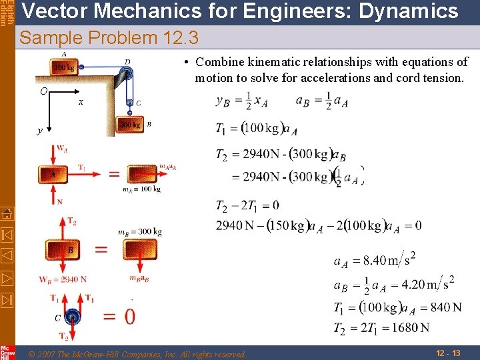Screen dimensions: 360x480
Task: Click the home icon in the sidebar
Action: (7, 213)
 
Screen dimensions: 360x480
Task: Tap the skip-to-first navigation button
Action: (7, 235)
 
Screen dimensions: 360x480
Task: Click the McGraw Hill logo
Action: (7, 352)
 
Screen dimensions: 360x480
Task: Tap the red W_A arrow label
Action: (61, 148)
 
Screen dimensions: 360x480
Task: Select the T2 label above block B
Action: (71, 221)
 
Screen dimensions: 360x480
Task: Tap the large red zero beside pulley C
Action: (129, 315)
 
